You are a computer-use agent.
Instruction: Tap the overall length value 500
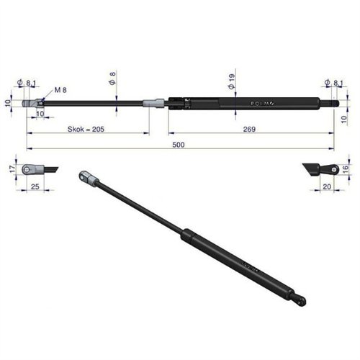pyautogui.click(x=179, y=145)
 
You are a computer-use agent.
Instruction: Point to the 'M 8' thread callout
pyautogui.click(x=61, y=89)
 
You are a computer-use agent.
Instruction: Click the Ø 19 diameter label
pyautogui.click(x=230, y=81)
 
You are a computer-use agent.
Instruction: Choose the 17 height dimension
pyautogui.click(x=12, y=169)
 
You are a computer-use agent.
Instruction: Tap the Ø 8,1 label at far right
pyautogui.click(x=332, y=84)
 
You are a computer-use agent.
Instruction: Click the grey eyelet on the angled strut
pyautogui.click(x=86, y=177)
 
